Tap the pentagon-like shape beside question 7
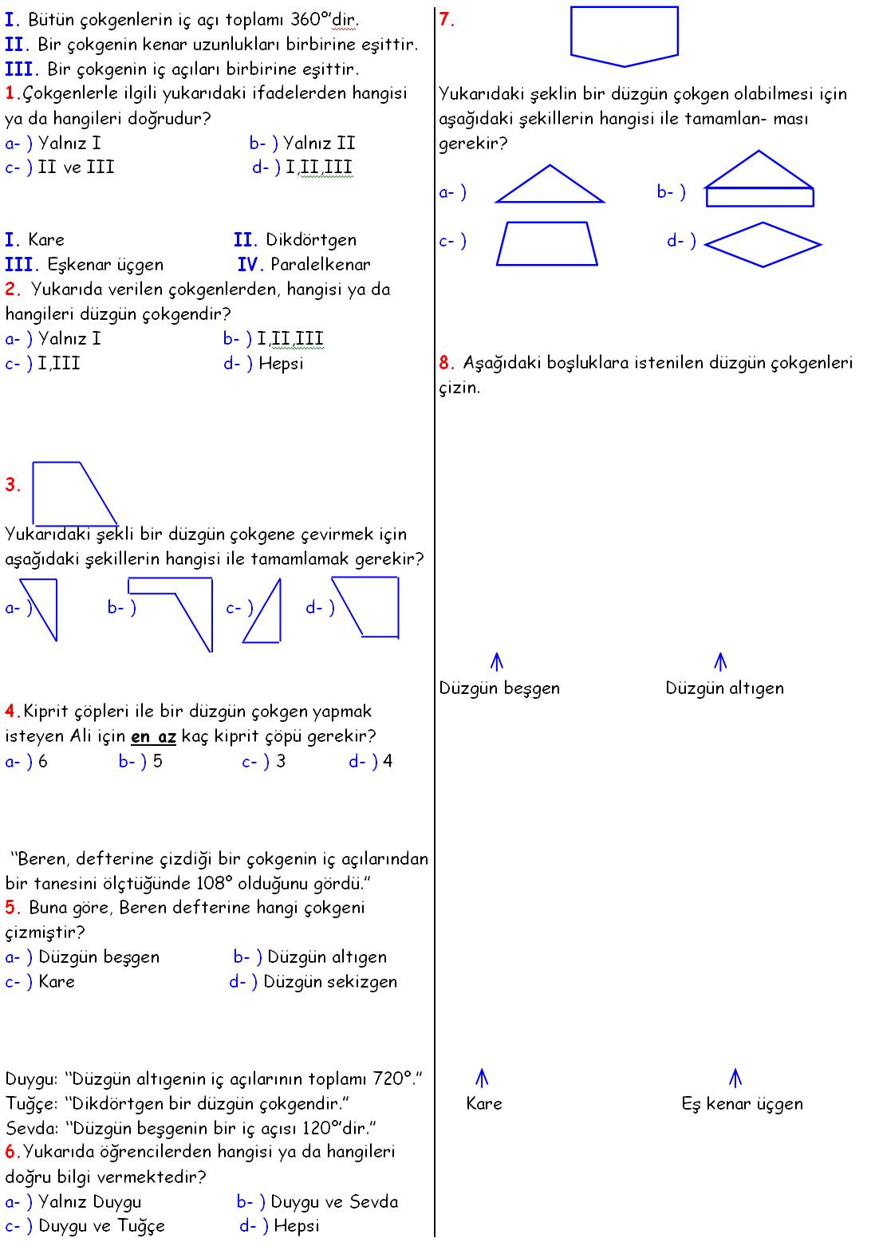(624, 35)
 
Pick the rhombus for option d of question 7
(763, 244)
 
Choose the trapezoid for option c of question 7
(547, 243)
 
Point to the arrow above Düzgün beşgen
(497, 662)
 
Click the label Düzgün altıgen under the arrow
(724, 688)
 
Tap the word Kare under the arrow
(484, 1104)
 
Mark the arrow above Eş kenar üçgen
(735, 1078)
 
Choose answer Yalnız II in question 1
(318, 144)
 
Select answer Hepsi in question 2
(281, 365)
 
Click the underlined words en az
(153, 736)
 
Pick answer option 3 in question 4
(280, 761)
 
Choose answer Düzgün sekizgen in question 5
(330, 982)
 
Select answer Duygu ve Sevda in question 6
(333, 1202)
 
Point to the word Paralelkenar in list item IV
(320, 265)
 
